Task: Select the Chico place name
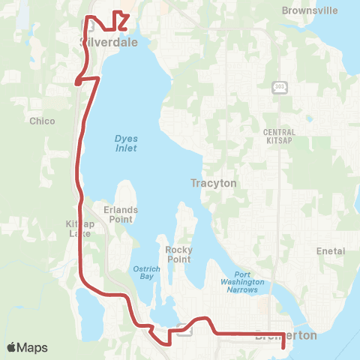pos(42,121)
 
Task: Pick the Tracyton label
pos(214,183)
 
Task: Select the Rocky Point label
pos(179,254)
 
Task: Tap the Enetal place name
pos(331,250)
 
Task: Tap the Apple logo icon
pos(13,347)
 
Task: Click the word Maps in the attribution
pos(33,347)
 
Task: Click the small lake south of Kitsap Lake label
pos(87,313)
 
